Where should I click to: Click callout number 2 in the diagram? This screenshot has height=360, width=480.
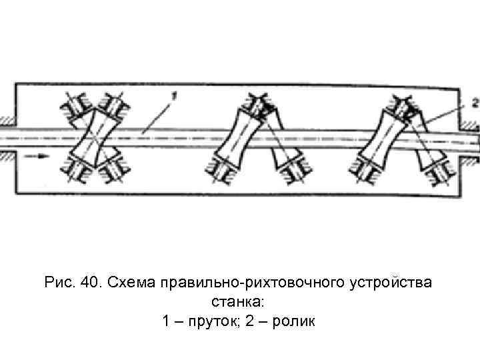[x=474, y=103]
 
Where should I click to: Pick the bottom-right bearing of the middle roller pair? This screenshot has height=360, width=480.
[x=294, y=176]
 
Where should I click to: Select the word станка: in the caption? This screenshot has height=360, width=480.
[x=239, y=302]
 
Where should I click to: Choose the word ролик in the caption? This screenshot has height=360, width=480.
[x=292, y=322]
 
